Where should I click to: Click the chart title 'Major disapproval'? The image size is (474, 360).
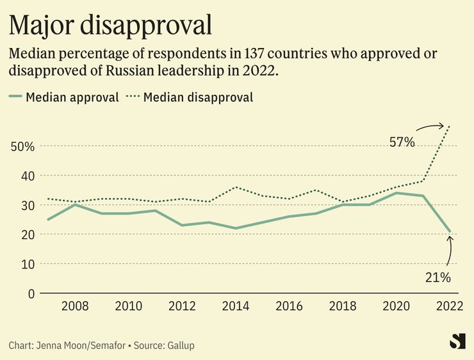pos(110,25)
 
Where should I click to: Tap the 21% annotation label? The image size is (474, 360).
pos(438,277)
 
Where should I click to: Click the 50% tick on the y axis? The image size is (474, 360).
pos(22,146)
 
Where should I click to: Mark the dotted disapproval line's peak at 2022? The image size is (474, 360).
pos(450,126)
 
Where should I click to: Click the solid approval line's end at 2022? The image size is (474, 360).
pos(450,231)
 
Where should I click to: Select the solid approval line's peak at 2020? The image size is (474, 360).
pos(397,193)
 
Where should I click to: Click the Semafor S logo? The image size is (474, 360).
pos(457,341)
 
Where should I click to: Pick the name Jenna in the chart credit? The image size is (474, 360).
pos(54,345)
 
